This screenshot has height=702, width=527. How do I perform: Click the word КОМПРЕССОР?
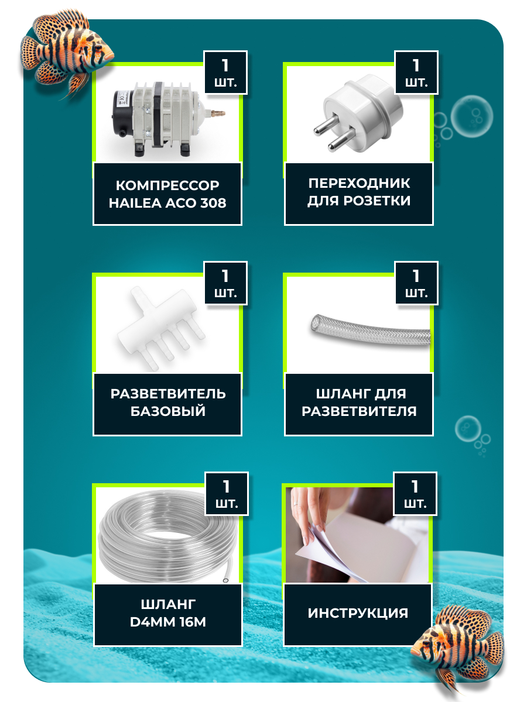[x=167, y=185]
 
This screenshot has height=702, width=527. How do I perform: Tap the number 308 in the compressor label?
[x=213, y=203]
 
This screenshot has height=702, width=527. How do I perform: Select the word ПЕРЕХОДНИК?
[x=359, y=183]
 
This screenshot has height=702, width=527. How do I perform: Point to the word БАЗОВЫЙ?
[x=167, y=411]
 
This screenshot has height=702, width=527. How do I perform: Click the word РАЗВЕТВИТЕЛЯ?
[x=359, y=411]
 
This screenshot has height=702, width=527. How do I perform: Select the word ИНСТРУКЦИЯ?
[x=358, y=613]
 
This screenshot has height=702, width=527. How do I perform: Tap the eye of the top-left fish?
[x=98, y=48]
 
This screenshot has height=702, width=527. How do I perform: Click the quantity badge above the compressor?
[x=225, y=73]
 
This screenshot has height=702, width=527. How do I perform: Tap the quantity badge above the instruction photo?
[x=415, y=494]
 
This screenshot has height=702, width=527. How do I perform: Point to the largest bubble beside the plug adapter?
[x=471, y=116]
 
